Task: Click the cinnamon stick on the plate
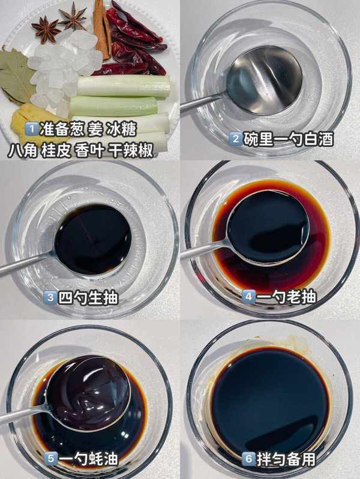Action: pos(102,29)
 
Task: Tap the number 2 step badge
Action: pos(236,139)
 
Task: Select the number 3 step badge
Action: pos(50,297)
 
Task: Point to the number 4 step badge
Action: pos(248,296)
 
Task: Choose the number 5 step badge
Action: pos(51,458)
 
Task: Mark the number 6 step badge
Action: pos(248,459)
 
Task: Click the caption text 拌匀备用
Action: pos(286,459)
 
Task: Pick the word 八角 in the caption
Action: pos(22,150)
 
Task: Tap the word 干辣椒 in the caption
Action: pos(131,150)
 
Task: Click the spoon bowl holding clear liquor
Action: pos(264,81)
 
